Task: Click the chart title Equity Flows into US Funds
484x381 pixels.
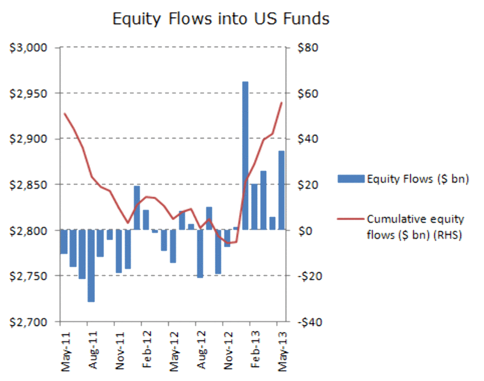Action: pos(221,19)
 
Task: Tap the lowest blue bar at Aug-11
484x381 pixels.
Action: pos(91,265)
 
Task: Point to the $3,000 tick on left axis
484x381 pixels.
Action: pos(31,48)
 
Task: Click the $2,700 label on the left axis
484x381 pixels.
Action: pos(31,322)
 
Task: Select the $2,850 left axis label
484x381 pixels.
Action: pos(31,184)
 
